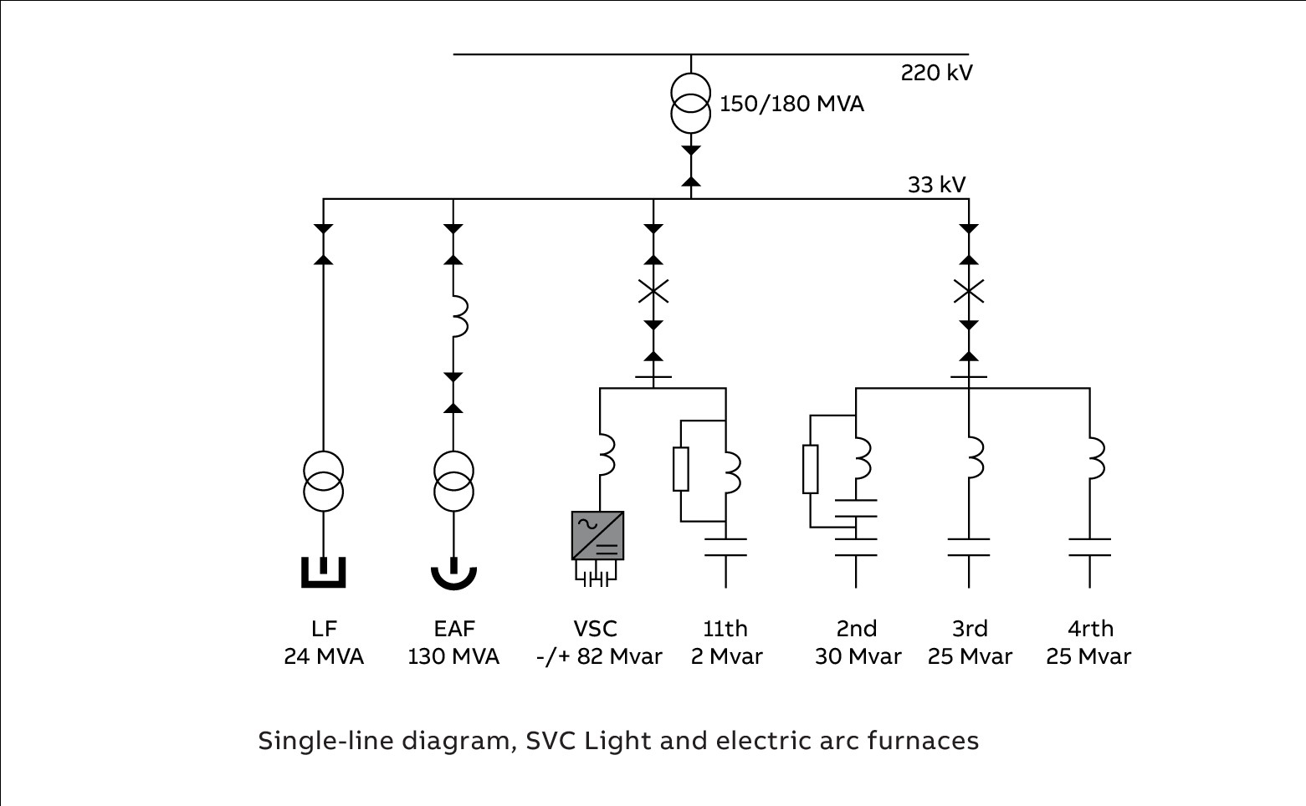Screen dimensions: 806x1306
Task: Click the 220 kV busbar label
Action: click(936, 74)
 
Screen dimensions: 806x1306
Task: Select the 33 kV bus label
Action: click(936, 185)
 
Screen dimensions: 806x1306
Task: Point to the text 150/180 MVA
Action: click(791, 105)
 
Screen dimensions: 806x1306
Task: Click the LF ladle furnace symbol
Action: click(323, 573)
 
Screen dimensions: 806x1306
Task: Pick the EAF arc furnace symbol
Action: click(453, 575)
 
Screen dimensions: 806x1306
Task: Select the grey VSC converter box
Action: click(597, 535)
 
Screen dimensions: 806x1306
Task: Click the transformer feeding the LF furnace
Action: click(323, 481)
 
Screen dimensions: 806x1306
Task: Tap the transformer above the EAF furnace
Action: click(453, 481)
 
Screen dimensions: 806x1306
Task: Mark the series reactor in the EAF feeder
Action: click(458, 316)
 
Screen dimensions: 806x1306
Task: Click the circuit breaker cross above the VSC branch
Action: click(653, 291)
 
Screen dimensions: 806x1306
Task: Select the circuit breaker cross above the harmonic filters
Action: click(969, 291)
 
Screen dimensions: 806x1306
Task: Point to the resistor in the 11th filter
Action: click(681, 469)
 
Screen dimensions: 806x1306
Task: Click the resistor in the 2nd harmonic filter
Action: click(810, 469)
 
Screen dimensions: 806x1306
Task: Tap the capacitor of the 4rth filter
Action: click(1089, 548)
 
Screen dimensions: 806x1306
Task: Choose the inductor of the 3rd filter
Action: click(974, 458)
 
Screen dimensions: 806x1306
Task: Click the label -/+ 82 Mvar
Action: click(599, 657)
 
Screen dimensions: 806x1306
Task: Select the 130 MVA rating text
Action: click(453, 657)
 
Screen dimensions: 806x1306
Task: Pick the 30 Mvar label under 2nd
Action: click(858, 657)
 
